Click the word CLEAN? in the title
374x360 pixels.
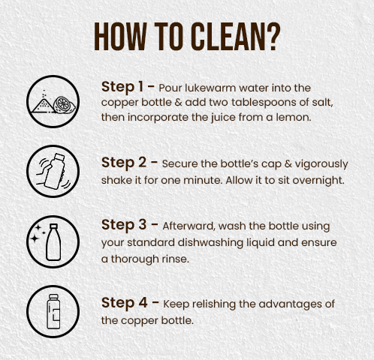click(x=235, y=37)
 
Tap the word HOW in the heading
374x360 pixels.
click(x=120, y=37)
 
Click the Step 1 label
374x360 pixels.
click(x=122, y=87)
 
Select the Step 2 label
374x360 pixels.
click(x=124, y=163)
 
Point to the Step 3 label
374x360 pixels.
click(x=124, y=225)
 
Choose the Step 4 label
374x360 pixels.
click(x=124, y=303)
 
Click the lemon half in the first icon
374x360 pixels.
click(x=64, y=105)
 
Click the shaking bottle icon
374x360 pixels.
click(x=53, y=172)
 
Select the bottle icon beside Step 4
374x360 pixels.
click(x=53, y=311)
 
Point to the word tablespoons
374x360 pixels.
click(x=263, y=103)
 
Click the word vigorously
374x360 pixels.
click(x=321, y=164)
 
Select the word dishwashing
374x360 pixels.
click(x=210, y=243)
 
